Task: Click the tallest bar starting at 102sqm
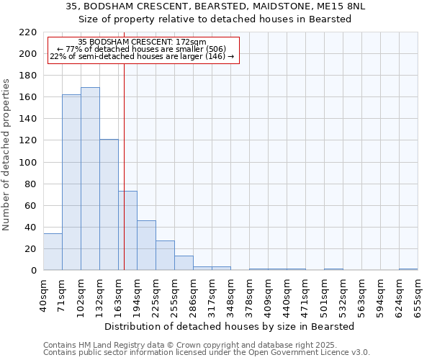pos(90,179)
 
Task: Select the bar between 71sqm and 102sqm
pos(71,182)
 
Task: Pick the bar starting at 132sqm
pos(109,204)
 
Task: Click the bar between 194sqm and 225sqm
pos(146,246)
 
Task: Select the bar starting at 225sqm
pos(165,256)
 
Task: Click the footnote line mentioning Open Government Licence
pos(207,353)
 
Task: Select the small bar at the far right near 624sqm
pos(408,269)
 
